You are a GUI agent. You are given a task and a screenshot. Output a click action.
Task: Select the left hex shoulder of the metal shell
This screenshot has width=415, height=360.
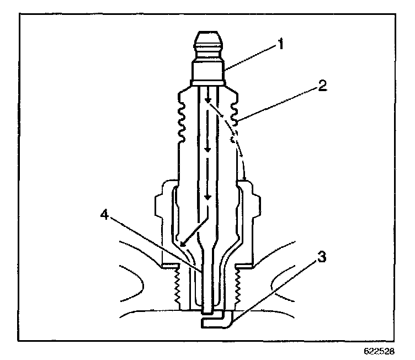[162, 221]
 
